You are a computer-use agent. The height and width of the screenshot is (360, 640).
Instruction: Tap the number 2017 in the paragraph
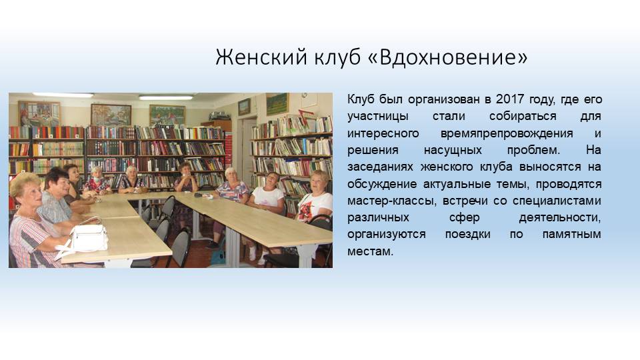click(509, 99)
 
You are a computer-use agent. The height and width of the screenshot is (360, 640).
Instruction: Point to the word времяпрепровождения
click(507, 133)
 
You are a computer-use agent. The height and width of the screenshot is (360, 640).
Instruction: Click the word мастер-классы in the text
click(391, 201)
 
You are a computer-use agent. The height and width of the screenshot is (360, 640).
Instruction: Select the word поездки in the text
click(467, 234)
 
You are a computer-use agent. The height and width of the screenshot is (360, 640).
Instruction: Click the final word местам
click(370, 251)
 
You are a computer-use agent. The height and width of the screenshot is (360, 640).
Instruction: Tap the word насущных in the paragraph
click(453, 150)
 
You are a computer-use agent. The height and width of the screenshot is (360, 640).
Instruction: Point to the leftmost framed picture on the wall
click(39, 113)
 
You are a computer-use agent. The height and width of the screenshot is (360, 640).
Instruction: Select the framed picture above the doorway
click(244, 107)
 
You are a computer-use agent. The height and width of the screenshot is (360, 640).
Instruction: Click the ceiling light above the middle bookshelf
click(166, 97)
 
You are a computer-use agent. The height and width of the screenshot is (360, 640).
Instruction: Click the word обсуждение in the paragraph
click(382, 184)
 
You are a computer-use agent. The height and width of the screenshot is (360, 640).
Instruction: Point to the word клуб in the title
click(337, 57)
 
